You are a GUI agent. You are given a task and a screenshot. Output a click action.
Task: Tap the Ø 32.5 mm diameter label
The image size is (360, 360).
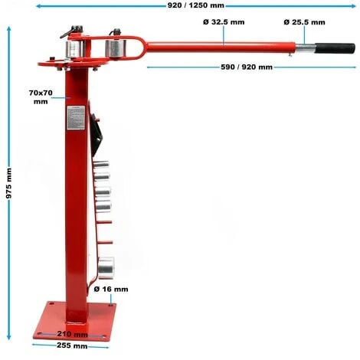(x=224, y=23)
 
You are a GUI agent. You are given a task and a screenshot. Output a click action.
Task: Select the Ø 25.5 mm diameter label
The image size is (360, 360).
(x=303, y=23)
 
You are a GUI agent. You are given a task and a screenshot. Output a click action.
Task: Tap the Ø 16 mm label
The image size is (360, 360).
(x=110, y=290)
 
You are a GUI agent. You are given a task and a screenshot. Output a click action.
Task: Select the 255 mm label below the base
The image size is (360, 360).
(x=70, y=346)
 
